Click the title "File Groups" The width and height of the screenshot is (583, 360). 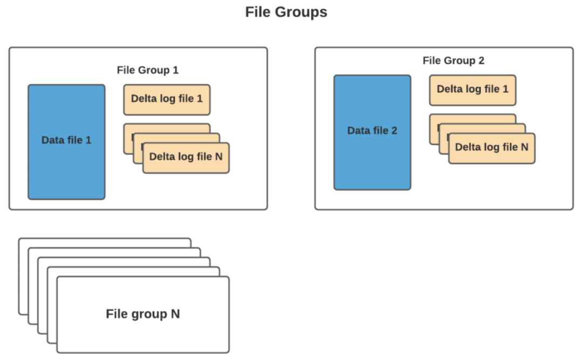coord(286,12)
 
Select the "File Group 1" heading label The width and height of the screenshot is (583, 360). coord(147,70)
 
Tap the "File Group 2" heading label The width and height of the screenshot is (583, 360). coord(453,60)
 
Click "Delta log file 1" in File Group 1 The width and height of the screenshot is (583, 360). coord(167,99)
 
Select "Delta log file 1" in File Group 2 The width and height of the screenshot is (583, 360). coord(472,90)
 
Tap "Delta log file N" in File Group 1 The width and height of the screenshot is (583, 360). coord(186,157)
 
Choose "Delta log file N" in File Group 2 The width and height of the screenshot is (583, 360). coord(491,147)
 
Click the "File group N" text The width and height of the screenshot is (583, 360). coord(143,314)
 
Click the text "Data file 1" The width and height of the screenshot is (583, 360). coord(66,140)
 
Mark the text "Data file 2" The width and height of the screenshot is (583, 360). coord(372,131)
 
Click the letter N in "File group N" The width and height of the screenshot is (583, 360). coord(175,314)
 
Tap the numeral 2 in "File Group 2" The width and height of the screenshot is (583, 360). coord(481,60)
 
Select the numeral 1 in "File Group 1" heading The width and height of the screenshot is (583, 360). coord(175,70)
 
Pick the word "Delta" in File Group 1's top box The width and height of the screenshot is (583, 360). coord(144,99)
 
